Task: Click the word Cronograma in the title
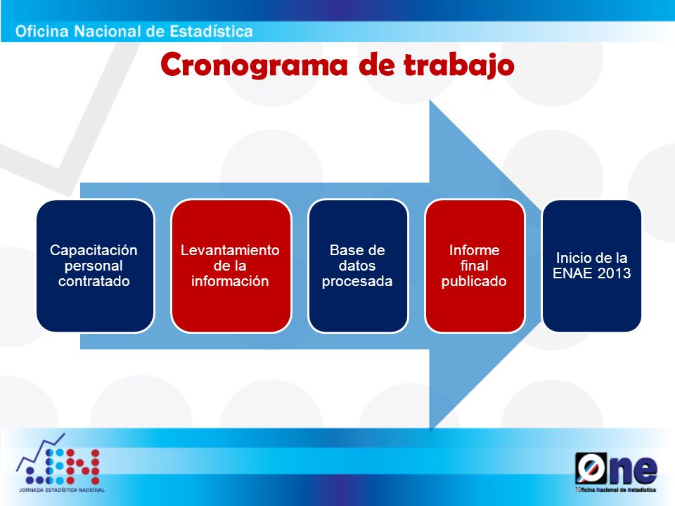254,65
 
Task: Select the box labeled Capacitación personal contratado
95,266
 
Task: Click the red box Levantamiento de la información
231,266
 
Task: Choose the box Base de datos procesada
358,266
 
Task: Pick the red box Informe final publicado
475,266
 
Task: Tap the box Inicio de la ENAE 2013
592,266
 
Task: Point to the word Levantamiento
230,250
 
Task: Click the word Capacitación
94,250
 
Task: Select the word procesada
357,281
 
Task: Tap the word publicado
474,281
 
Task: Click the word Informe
475,250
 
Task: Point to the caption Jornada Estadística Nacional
62,490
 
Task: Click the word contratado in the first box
94,281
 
